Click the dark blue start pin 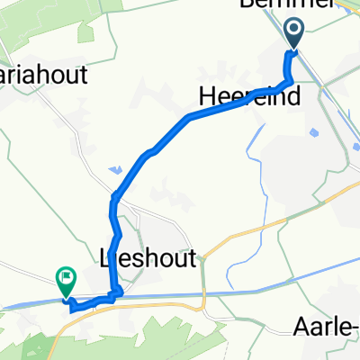(x=295, y=33)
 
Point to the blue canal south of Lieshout (x=225, y=293)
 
